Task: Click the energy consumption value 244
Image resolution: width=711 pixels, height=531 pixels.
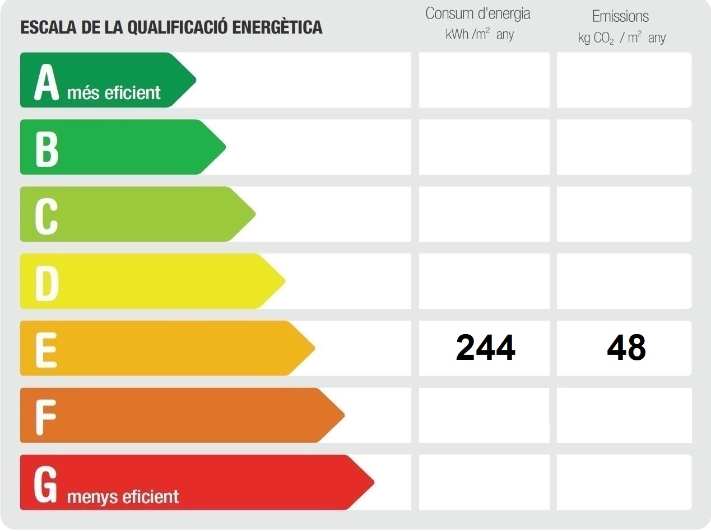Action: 485,347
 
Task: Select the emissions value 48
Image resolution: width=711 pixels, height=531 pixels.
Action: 626,347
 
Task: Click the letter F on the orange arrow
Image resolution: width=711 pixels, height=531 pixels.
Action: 45,417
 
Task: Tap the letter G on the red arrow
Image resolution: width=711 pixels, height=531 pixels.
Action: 46,484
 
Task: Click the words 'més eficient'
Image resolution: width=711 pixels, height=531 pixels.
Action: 114,93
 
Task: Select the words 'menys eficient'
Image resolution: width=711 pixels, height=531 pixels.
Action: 123,496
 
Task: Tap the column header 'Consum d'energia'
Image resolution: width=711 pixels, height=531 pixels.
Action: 477,14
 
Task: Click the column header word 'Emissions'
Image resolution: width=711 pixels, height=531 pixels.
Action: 620,16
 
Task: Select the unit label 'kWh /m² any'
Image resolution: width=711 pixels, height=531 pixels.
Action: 480,35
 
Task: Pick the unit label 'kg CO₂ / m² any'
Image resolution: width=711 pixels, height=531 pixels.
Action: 622,38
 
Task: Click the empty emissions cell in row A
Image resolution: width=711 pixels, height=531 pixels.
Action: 624,79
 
